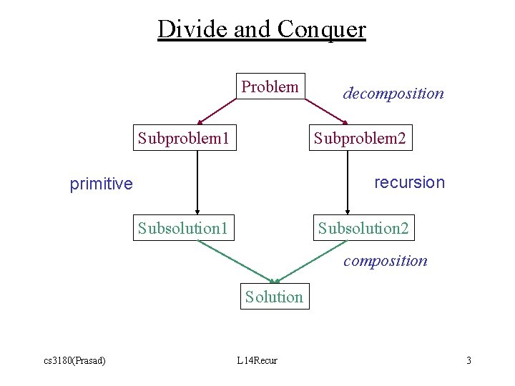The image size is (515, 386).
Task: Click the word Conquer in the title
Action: click(x=321, y=29)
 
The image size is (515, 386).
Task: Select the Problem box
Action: click(x=270, y=87)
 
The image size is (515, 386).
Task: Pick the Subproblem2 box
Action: click(x=360, y=138)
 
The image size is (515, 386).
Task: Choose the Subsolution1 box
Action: click(x=183, y=229)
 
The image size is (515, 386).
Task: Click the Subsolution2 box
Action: click(x=363, y=229)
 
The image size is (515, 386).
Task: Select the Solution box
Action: click(x=274, y=297)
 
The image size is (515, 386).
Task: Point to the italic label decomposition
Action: click(x=393, y=94)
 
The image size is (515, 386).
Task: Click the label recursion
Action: click(x=409, y=182)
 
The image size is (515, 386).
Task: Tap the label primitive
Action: click(x=101, y=184)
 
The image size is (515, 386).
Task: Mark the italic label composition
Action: click(x=385, y=261)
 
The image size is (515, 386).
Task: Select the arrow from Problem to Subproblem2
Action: click(x=326, y=111)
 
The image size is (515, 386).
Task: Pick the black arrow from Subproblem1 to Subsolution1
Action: click(x=197, y=182)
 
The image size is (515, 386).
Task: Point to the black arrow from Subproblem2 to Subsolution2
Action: click(x=347, y=182)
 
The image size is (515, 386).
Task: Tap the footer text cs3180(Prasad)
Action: click(x=74, y=360)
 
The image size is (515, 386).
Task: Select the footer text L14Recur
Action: click(x=257, y=360)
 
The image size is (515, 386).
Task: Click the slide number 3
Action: click(x=469, y=360)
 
